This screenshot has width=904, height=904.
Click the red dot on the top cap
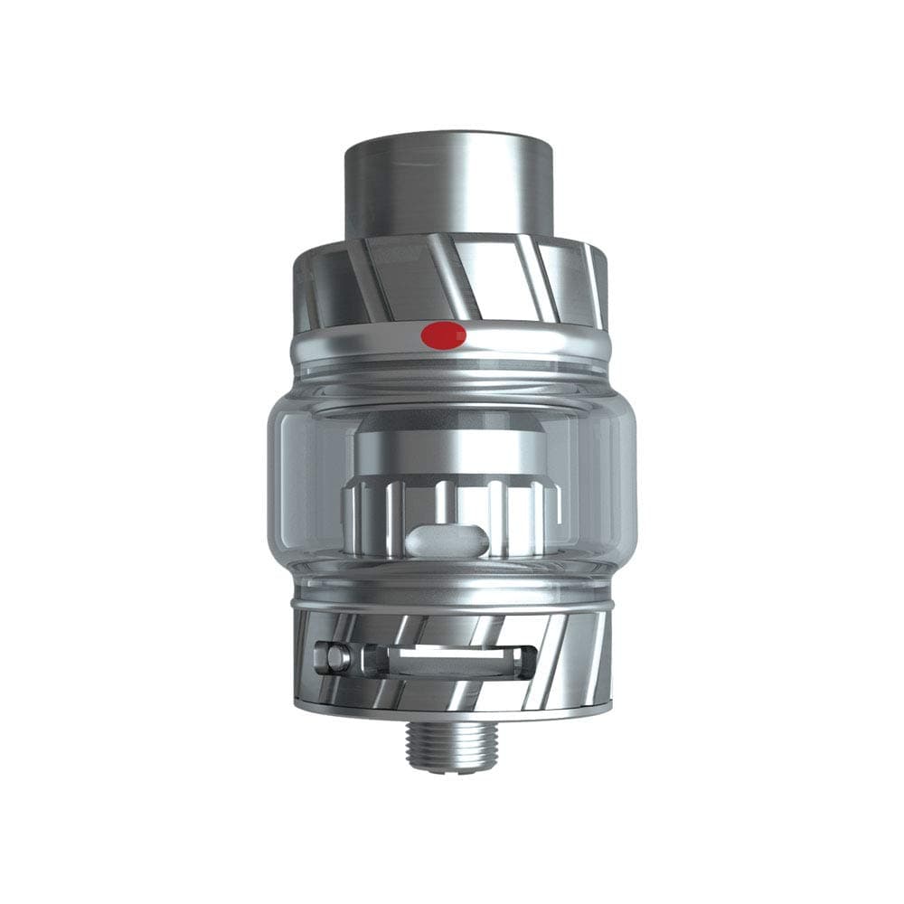[x=443, y=335]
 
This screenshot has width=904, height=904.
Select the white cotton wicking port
[x=447, y=541]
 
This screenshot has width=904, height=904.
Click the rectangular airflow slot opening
[x=443, y=659]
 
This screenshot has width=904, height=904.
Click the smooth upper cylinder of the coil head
[x=449, y=447]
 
